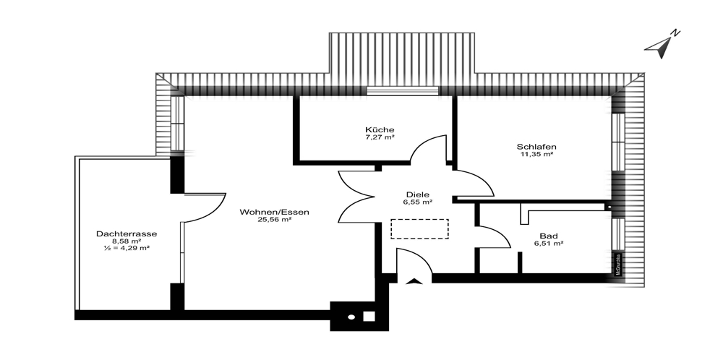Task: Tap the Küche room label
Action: [380, 129]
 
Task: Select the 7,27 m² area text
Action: [380, 137]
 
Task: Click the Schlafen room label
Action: [536, 146]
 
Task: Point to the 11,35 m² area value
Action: [536, 154]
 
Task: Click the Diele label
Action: [418, 194]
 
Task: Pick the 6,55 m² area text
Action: [418, 202]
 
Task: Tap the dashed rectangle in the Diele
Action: [419, 229]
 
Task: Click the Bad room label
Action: [548, 236]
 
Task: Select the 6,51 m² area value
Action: [548, 244]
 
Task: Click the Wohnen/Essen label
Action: [275, 212]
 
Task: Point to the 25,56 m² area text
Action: [275, 220]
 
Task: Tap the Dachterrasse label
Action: [127, 233]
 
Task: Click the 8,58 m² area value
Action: [127, 241]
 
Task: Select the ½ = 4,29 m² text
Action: [127, 249]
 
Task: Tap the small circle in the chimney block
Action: [352, 316]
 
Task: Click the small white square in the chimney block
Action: [369, 315]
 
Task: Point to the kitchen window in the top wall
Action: [403, 91]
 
